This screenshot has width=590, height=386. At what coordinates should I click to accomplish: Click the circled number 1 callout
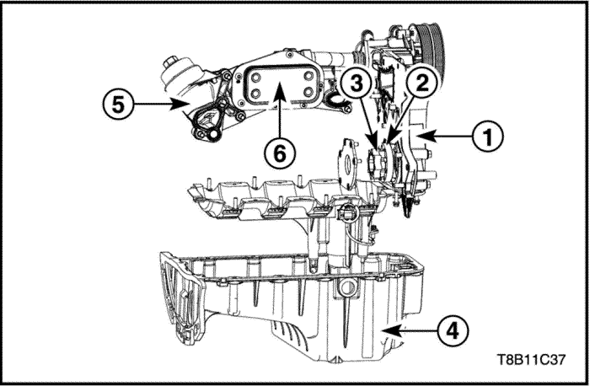click(x=488, y=136)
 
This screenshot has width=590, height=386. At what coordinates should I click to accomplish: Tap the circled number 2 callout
click(x=422, y=83)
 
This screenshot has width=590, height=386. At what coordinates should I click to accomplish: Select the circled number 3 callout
click(x=356, y=83)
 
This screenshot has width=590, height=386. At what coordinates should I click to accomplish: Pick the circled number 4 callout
click(x=453, y=331)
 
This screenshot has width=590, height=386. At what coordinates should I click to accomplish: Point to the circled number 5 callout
click(x=118, y=105)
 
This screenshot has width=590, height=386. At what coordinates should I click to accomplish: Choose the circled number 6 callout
click(x=280, y=153)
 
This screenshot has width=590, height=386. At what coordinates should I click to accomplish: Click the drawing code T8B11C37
click(x=531, y=360)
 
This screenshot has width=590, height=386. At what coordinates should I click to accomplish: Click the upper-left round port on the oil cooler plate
click(x=256, y=78)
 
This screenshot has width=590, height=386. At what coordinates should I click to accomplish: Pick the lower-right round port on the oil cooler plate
click(x=308, y=92)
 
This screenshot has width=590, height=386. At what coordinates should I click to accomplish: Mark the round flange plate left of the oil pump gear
click(x=346, y=164)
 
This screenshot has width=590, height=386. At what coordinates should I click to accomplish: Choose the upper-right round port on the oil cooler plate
click(x=308, y=76)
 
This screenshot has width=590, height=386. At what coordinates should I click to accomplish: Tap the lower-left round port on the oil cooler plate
click(x=256, y=93)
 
